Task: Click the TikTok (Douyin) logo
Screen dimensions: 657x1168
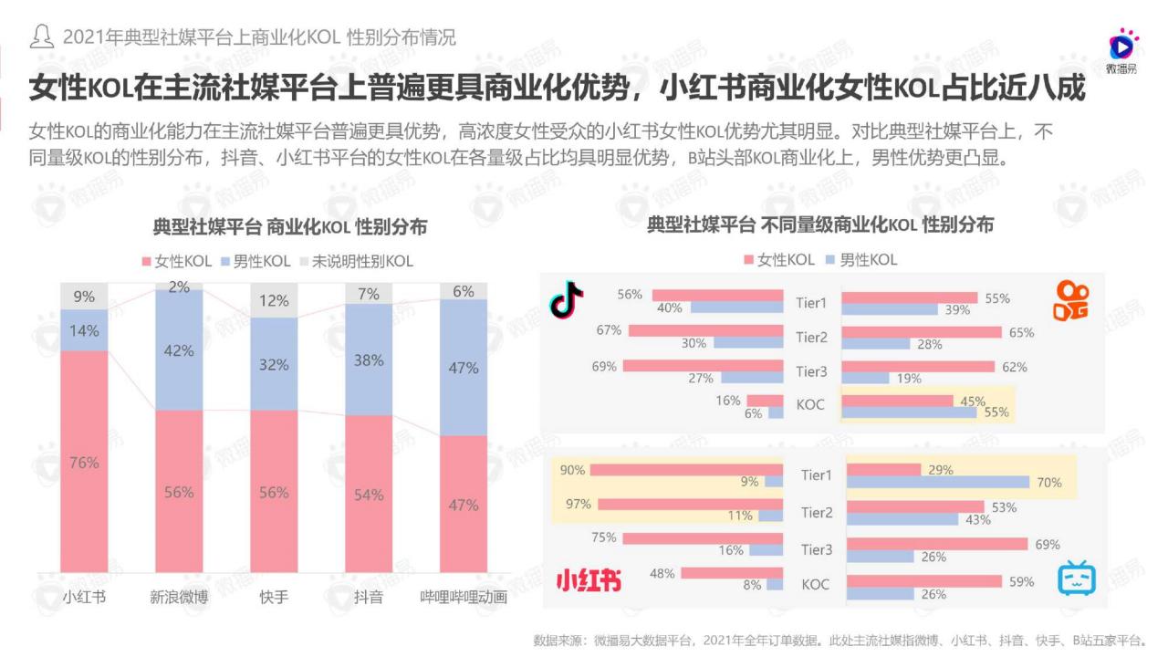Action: coord(567,299)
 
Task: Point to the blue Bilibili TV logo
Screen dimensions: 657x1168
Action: coord(1077,579)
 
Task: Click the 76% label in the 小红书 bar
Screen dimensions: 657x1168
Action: coord(84,463)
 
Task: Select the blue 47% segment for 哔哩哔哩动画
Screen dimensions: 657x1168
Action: coord(464,368)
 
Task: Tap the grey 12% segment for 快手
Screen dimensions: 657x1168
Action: coord(274,300)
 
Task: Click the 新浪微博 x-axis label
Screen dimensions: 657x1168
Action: coord(179,598)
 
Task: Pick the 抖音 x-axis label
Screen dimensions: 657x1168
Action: coord(369,598)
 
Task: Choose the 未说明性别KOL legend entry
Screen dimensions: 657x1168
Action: coord(357,261)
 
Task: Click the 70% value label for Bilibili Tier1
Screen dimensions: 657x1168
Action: coord(1048,483)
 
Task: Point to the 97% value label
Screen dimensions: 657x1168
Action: coord(579,504)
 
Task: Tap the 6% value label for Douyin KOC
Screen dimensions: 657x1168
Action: coord(753,413)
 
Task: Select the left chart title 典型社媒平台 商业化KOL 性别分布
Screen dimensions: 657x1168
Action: coord(289,226)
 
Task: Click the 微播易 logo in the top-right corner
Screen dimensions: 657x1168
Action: coord(1121,51)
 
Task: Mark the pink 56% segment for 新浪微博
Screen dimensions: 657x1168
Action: coord(179,492)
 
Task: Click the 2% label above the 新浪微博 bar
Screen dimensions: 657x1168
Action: coord(179,287)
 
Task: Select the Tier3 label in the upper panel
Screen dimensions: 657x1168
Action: coord(811,371)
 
